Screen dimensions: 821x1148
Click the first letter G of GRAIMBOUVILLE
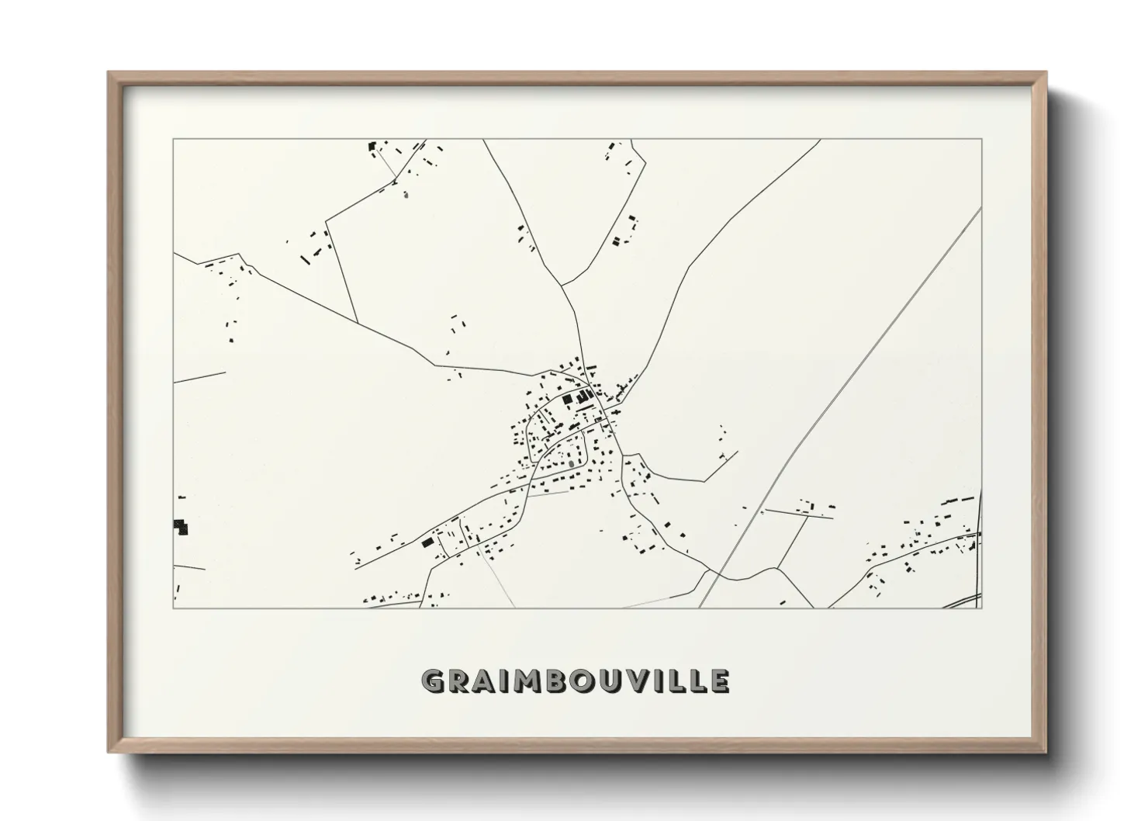click(x=433, y=681)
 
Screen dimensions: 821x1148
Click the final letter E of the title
click(x=719, y=681)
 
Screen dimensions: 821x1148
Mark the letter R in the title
click(x=458, y=681)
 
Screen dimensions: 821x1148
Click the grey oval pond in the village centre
click(x=572, y=464)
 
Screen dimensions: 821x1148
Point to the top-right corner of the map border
click(x=982, y=139)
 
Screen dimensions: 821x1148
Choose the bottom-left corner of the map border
click(x=174, y=608)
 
